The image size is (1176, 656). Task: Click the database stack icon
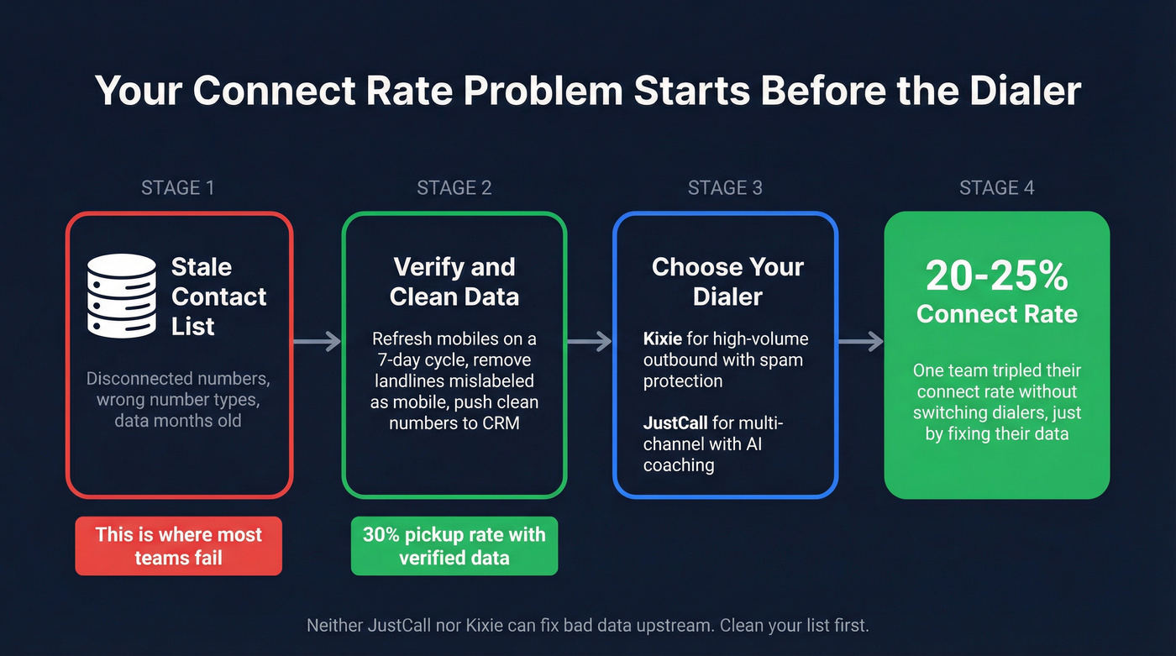(x=122, y=296)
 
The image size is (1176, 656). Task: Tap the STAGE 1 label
(x=178, y=187)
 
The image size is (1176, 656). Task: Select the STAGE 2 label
(x=454, y=187)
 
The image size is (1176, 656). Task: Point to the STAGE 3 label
(x=725, y=187)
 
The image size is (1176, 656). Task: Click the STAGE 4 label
(x=996, y=187)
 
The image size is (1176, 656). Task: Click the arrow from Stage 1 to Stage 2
(x=317, y=341)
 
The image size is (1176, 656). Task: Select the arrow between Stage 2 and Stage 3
(x=590, y=341)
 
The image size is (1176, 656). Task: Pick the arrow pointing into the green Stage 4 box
(x=861, y=341)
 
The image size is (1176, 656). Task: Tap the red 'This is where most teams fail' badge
(x=178, y=546)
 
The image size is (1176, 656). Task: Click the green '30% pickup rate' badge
(x=454, y=546)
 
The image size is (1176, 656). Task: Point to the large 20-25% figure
(x=996, y=276)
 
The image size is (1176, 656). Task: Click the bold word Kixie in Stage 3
(x=663, y=339)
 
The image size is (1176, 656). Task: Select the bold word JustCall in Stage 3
(x=677, y=423)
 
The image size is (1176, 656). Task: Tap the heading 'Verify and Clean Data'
(x=454, y=281)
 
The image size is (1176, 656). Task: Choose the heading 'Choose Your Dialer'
(x=727, y=281)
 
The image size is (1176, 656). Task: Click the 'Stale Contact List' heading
(x=218, y=297)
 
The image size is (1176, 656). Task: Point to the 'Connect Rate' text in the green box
(x=996, y=314)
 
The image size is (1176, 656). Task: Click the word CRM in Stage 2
(x=501, y=422)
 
